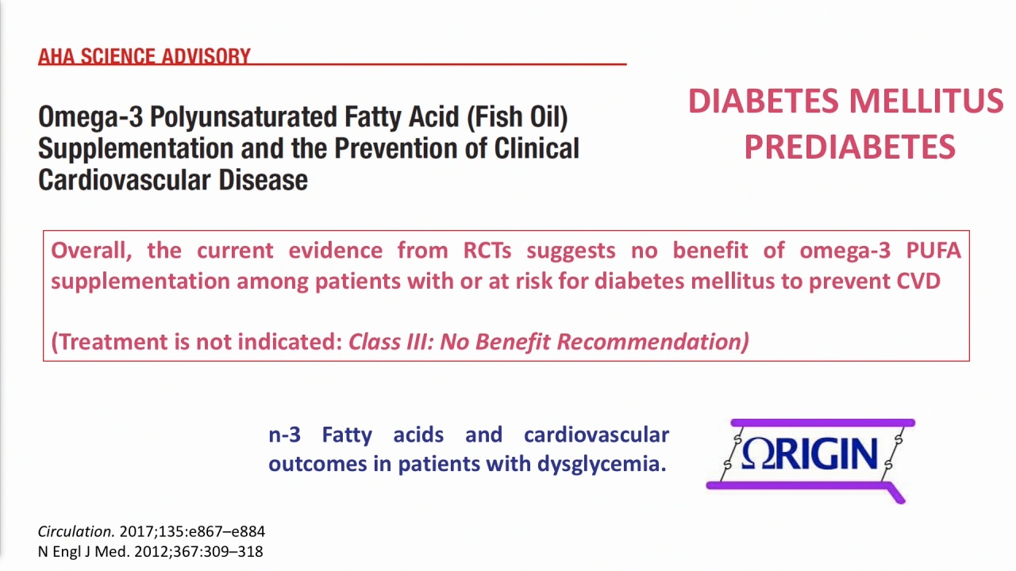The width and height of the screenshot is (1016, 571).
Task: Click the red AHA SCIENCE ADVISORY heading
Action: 144,56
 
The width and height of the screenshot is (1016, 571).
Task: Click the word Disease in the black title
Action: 263,180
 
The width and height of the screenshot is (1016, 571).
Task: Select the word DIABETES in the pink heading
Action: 763,101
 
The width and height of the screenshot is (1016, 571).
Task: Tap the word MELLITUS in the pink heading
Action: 926,101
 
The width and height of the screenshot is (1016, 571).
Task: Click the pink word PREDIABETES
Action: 849,148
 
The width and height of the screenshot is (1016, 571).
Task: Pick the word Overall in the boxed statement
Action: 91,251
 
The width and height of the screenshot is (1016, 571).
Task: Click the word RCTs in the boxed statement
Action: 487,251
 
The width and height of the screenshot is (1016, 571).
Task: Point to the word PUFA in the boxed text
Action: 933,251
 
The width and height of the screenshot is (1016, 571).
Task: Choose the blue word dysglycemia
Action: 602,464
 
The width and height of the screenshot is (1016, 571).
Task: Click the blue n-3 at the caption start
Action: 284,435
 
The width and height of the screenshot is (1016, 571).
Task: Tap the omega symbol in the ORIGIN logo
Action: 759,454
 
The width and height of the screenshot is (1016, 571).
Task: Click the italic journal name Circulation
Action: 75,531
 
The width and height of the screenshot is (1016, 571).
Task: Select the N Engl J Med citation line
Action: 150,551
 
